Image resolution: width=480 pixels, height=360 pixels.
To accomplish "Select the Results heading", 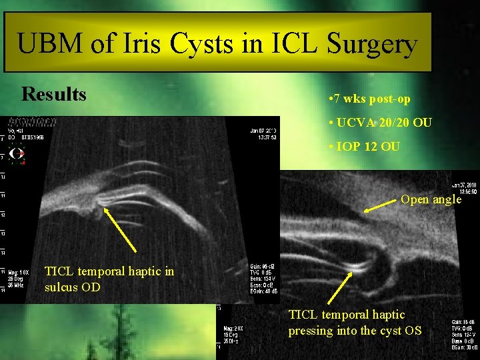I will (x=54, y=94).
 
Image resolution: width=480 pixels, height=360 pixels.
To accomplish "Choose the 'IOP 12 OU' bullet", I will (x=365, y=146).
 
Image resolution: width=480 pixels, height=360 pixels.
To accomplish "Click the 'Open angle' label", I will (x=431, y=199).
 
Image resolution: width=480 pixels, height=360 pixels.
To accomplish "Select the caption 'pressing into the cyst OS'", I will (x=354, y=330).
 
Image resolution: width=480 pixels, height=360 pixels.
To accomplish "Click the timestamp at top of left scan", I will (x=265, y=133).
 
